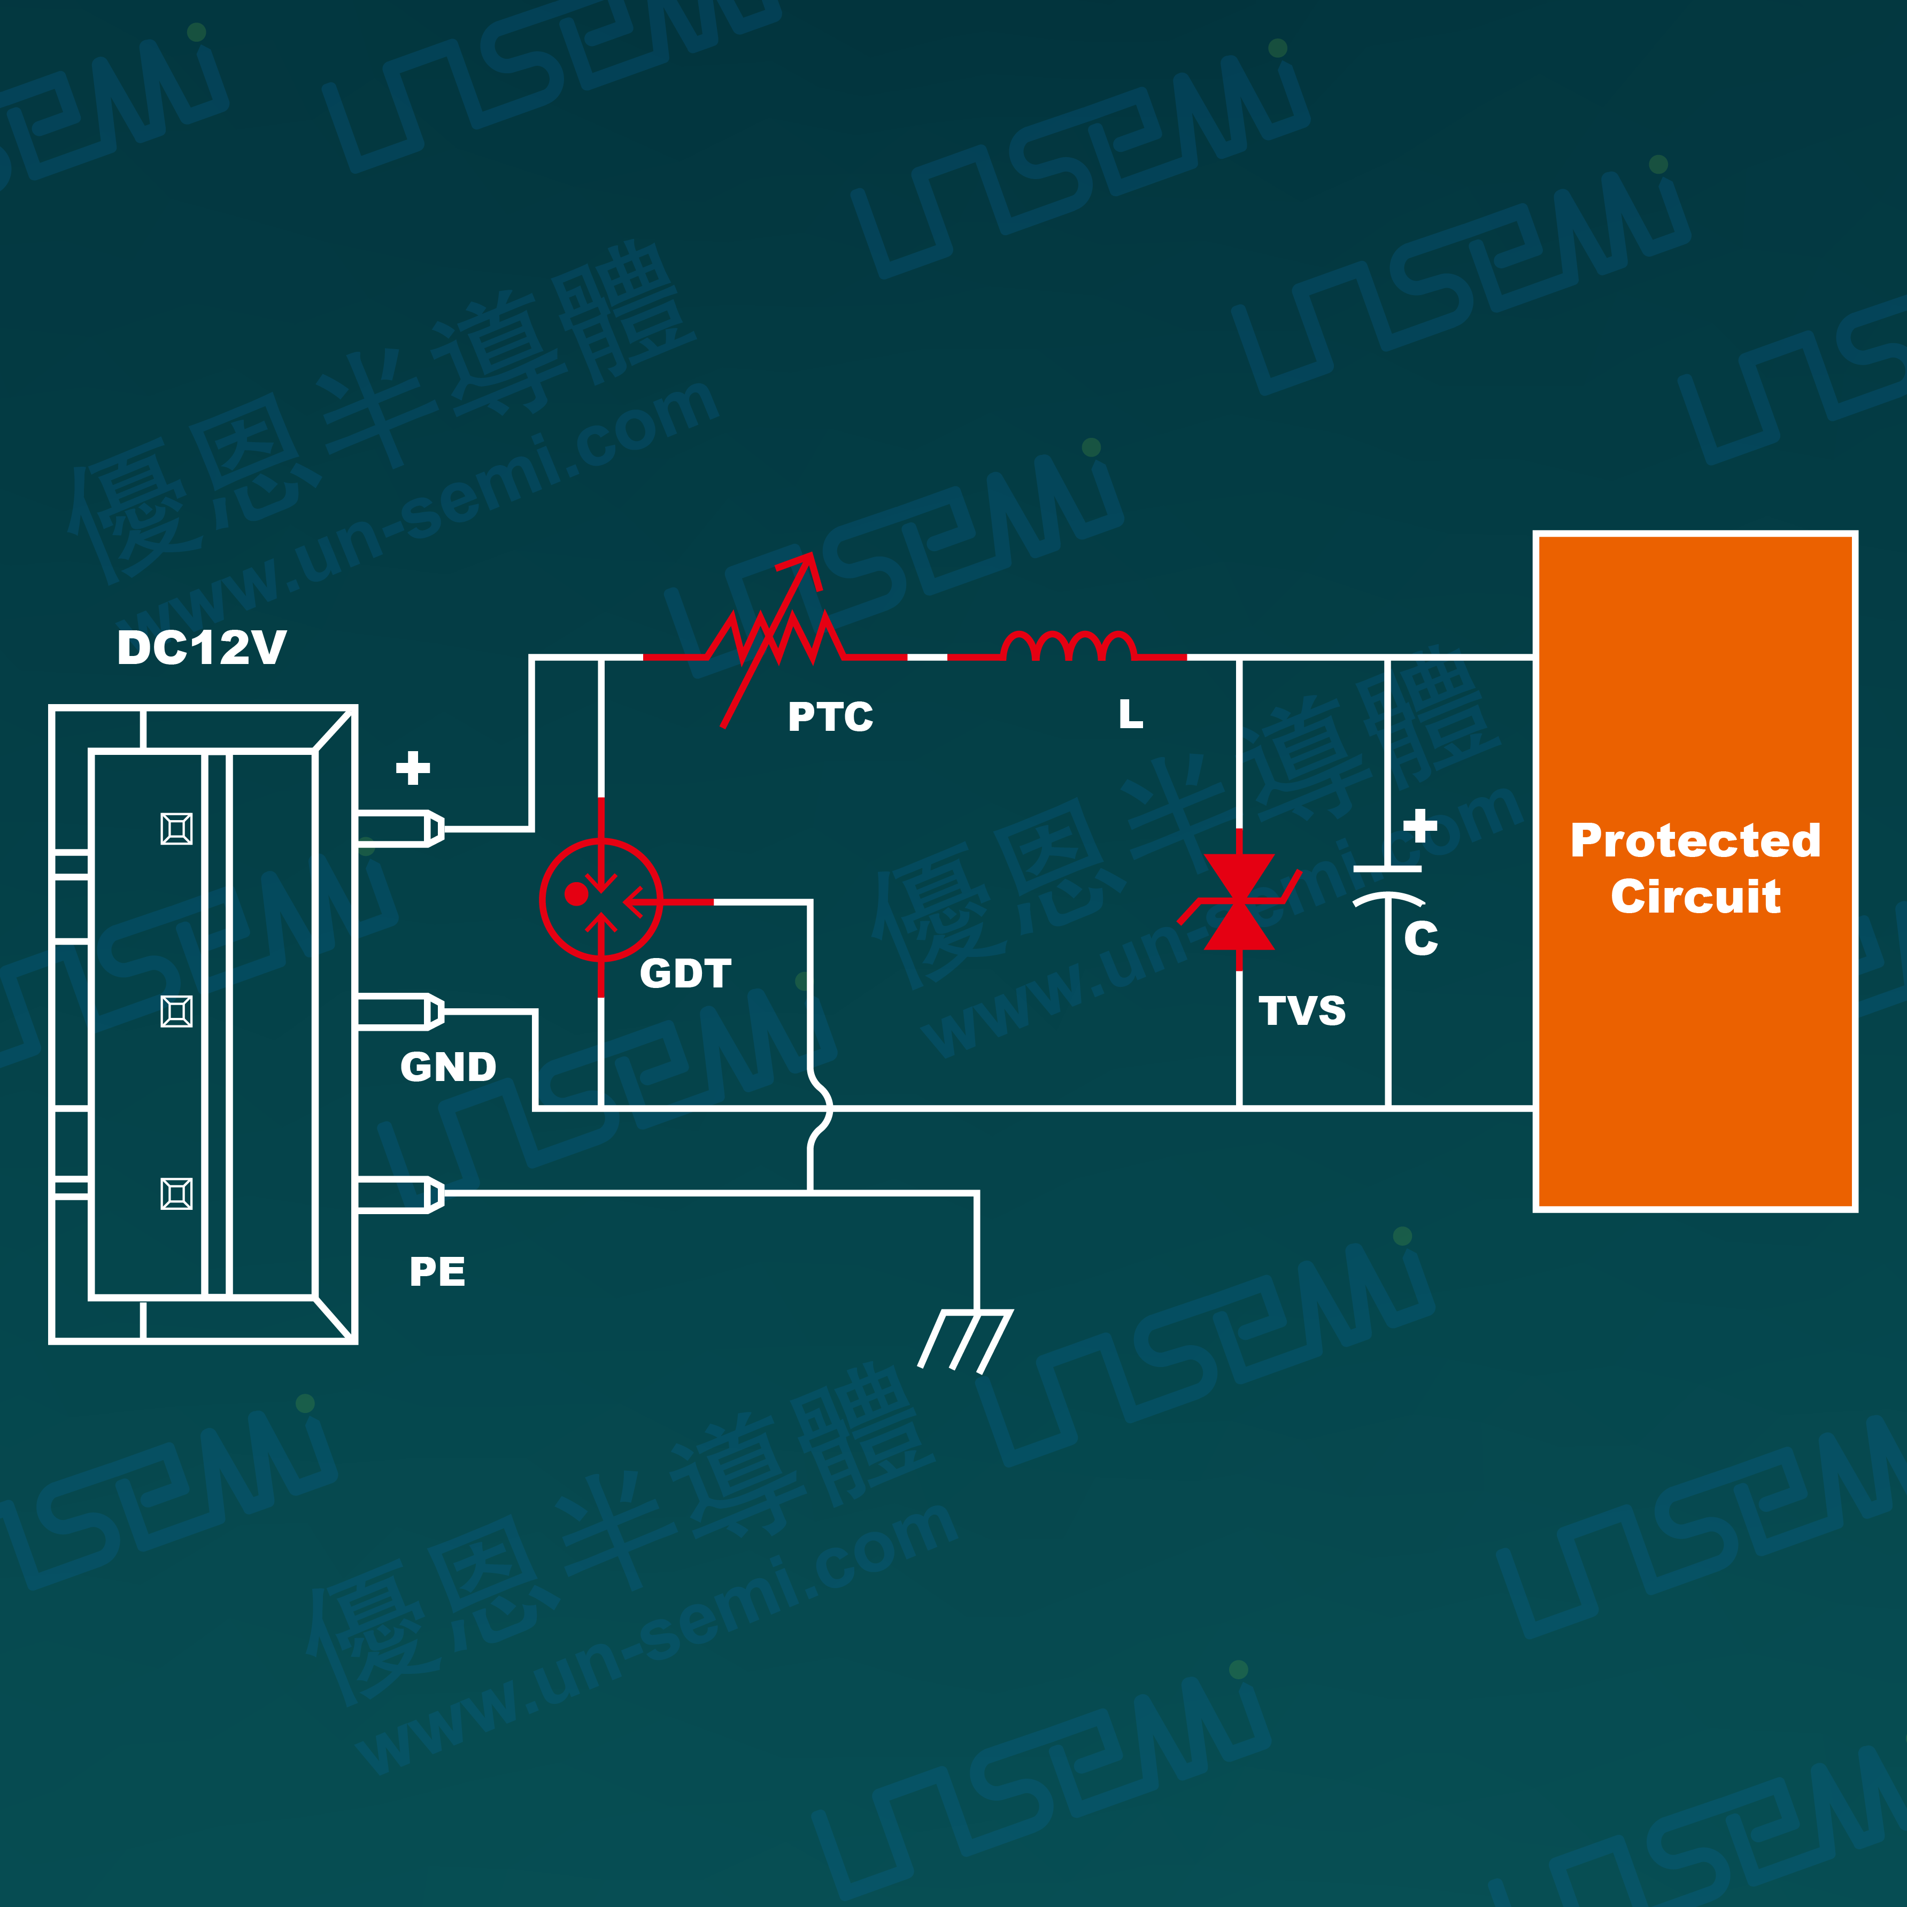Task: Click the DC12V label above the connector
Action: point(202,648)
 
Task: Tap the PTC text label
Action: point(830,716)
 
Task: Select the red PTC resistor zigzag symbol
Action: point(775,639)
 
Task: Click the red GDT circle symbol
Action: point(601,899)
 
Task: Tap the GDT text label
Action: point(685,974)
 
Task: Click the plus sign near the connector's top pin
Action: point(413,768)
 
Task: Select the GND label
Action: point(448,1067)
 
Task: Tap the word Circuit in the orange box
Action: point(1695,896)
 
